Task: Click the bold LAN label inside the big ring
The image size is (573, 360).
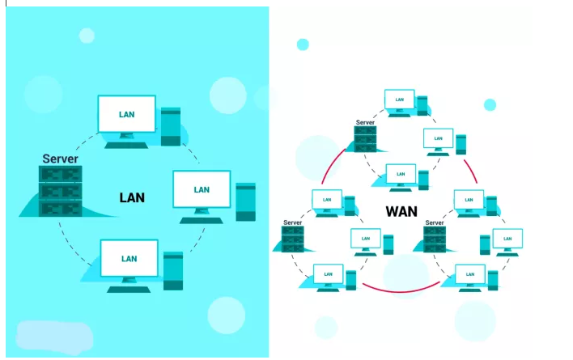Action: pyautogui.click(x=132, y=197)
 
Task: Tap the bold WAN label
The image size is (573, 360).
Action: pyautogui.click(x=401, y=212)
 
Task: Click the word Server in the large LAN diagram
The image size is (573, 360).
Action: pyautogui.click(x=61, y=159)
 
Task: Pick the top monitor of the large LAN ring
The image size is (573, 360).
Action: pyautogui.click(x=127, y=115)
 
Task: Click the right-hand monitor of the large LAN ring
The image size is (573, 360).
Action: pyautogui.click(x=202, y=191)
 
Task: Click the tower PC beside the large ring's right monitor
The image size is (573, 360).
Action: pyautogui.click(x=246, y=201)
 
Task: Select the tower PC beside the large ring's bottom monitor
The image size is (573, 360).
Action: pyautogui.click(x=173, y=271)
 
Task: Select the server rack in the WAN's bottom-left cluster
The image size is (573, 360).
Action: pyautogui.click(x=293, y=239)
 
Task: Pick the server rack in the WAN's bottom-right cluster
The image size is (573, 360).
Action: pyautogui.click(x=435, y=239)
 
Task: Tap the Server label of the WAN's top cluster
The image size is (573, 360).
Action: pyautogui.click(x=366, y=122)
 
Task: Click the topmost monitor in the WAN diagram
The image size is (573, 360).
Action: pyautogui.click(x=400, y=101)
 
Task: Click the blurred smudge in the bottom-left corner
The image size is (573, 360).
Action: pyautogui.click(x=54, y=337)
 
